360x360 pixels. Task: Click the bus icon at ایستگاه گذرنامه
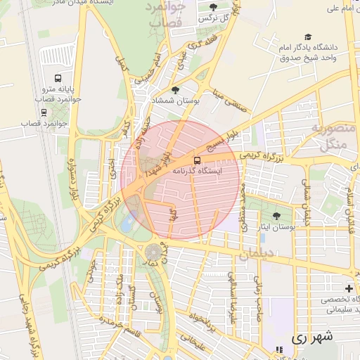pos(197,160)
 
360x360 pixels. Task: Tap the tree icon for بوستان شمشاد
pos(175,90)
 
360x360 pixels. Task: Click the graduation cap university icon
pos(307,37)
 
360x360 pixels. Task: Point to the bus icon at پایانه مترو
pos(57,79)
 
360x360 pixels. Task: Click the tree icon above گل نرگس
pos(213,6)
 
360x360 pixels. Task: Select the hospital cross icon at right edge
pos(349,288)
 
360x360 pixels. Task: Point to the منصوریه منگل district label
pos(330,136)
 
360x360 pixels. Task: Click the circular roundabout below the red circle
pos(153,251)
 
